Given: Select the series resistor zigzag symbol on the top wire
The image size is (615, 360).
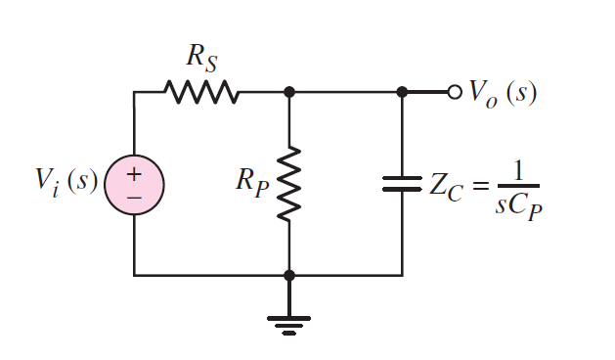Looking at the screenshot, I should (201, 93).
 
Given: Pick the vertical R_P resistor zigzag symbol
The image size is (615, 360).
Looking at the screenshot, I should (288, 184).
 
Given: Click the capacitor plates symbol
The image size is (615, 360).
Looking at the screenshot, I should (402, 184).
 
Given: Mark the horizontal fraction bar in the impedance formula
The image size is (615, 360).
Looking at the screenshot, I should (518, 187).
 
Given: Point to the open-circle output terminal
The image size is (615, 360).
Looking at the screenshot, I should (454, 93).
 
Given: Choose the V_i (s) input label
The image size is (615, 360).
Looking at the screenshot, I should (66, 183).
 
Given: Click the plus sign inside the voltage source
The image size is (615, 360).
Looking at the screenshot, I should (134, 174).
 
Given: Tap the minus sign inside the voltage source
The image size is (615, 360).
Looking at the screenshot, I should (134, 196).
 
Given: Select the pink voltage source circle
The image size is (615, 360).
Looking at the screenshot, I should (134, 184).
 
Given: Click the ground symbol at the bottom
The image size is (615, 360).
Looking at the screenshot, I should (288, 320).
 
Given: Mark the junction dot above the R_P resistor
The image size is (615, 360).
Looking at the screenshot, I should (288, 93).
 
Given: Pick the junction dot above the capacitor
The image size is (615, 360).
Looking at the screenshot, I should (402, 93).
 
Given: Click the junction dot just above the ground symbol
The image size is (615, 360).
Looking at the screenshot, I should (288, 276).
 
